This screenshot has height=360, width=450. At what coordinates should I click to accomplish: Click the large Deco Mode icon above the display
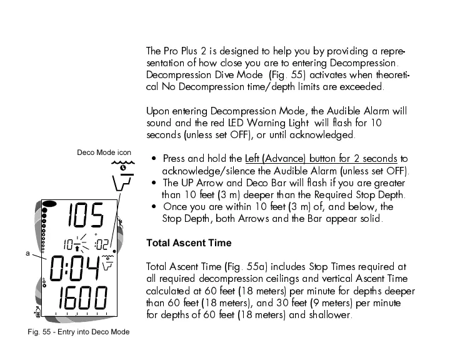[x=121, y=177]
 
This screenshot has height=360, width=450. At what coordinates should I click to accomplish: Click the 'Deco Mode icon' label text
[x=104, y=152]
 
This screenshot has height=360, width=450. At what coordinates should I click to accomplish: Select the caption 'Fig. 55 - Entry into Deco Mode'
[x=77, y=332]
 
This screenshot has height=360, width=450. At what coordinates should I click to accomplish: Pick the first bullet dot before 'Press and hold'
[x=154, y=159]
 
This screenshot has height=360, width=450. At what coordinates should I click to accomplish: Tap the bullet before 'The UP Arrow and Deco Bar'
[x=154, y=183]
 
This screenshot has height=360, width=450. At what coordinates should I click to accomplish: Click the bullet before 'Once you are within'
[x=154, y=207]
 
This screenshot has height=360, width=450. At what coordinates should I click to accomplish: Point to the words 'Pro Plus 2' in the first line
[x=186, y=51]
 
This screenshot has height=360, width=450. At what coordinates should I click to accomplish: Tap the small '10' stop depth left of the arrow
[x=66, y=245]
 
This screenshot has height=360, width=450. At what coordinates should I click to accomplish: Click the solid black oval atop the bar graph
[x=50, y=204]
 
